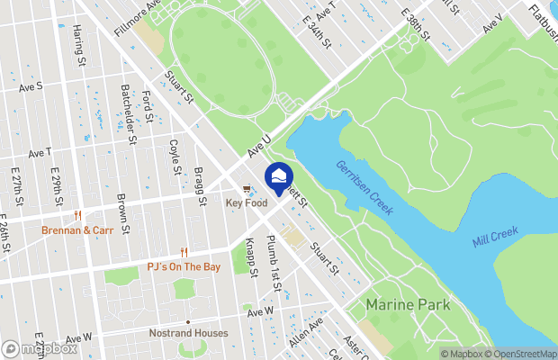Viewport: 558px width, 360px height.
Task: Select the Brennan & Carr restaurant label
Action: pos(77,230)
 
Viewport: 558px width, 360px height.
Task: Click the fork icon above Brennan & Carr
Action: pos(78,216)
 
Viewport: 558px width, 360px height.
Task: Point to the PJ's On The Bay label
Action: pos(184,267)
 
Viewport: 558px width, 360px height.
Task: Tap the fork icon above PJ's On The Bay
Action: pos(184,253)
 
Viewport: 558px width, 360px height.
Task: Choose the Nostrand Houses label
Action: pos(187,333)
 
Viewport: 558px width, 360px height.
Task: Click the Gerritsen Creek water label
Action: pos(364,187)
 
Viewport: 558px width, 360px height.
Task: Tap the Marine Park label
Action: pos(408,305)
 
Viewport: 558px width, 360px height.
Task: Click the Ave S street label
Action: pos(31,87)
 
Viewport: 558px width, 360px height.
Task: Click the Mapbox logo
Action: pos(39,348)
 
